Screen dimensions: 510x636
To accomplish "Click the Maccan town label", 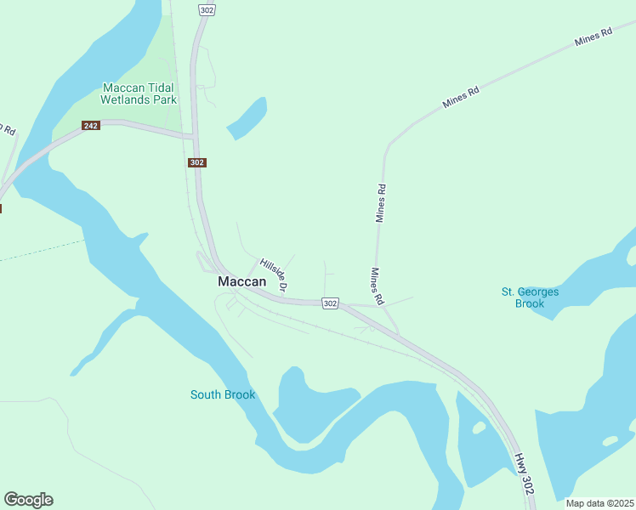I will click(x=241, y=281).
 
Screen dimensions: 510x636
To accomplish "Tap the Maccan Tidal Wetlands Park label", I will click(x=139, y=93).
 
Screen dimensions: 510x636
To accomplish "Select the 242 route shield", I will click(x=91, y=126).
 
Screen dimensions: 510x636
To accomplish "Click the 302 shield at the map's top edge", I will click(x=207, y=9).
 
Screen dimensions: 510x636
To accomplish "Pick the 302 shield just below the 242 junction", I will click(x=197, y=162).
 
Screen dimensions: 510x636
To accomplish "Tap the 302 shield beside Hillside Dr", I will click(x=331, y=303).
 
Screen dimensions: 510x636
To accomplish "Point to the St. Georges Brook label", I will click(x=530, y=297).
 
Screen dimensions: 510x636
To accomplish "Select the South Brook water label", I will click(x=223, y=394).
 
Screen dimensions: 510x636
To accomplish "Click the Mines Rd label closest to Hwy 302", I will click(x=378, y=287).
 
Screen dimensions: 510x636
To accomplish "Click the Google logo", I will click(x=28, y=500).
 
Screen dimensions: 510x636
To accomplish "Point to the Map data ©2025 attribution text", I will click(x=599, y=503).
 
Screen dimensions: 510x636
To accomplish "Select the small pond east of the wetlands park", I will click(x=247, y=119).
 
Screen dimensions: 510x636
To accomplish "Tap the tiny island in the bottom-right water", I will click(x=610, y=441).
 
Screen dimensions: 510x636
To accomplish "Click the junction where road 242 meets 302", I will click(x=194, y=136).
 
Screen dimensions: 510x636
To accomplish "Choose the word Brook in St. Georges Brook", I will click(x=530, y=303).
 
